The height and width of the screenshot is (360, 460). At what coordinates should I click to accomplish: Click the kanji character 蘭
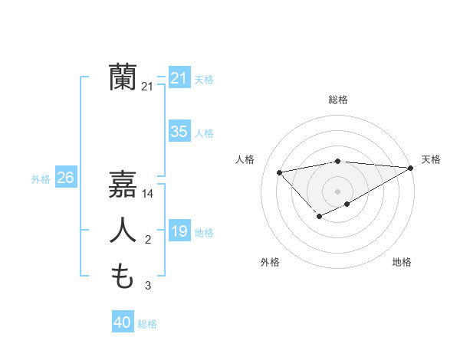123,77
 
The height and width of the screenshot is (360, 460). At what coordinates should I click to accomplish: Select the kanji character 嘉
123,185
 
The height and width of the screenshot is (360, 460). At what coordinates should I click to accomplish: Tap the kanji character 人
123,231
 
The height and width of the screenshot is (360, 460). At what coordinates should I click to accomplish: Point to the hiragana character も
123,276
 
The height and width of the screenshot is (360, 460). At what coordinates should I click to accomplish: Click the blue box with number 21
179,77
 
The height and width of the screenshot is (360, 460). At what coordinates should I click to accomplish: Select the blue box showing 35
179,132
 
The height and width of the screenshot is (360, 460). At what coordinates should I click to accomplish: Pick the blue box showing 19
179,231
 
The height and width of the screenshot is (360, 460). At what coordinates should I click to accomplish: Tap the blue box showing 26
65,178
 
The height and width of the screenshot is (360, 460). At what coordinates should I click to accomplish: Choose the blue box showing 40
123,322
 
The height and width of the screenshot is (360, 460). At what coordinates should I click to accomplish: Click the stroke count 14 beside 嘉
149,195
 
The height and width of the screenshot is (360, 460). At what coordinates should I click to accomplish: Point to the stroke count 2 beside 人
148,241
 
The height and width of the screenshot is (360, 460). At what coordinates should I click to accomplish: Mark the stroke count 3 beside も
148,286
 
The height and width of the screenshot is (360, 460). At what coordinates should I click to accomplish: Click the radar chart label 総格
338,100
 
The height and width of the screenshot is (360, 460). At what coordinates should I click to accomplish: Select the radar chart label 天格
431,159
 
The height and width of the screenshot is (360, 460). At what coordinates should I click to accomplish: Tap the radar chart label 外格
270,262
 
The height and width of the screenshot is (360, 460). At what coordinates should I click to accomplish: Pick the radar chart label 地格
402,262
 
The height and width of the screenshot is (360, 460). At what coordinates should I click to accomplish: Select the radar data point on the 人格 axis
280,172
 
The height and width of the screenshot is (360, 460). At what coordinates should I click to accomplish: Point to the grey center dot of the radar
338,191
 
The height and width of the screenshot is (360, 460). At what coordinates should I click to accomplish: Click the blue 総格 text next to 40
147,324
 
